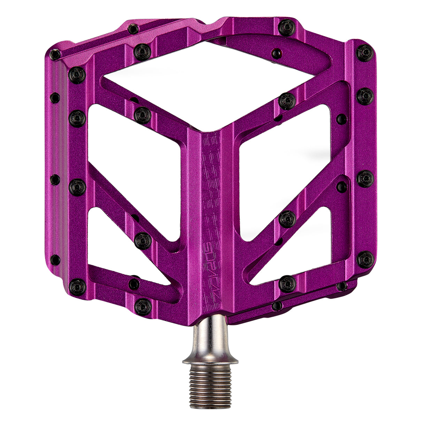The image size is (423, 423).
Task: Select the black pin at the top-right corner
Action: tap(365, 53)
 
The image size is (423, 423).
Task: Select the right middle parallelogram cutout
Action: tap(284, 174)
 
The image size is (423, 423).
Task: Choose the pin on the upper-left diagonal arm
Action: tap(143, 115)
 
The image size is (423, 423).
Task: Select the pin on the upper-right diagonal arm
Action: tap(287, 101)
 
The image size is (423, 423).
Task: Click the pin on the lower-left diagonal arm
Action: tap(143, 240)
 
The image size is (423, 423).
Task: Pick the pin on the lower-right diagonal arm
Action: tap(287, 218)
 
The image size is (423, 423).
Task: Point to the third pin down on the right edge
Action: tap(365, 179)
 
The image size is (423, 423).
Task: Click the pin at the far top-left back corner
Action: tap(55, 54)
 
